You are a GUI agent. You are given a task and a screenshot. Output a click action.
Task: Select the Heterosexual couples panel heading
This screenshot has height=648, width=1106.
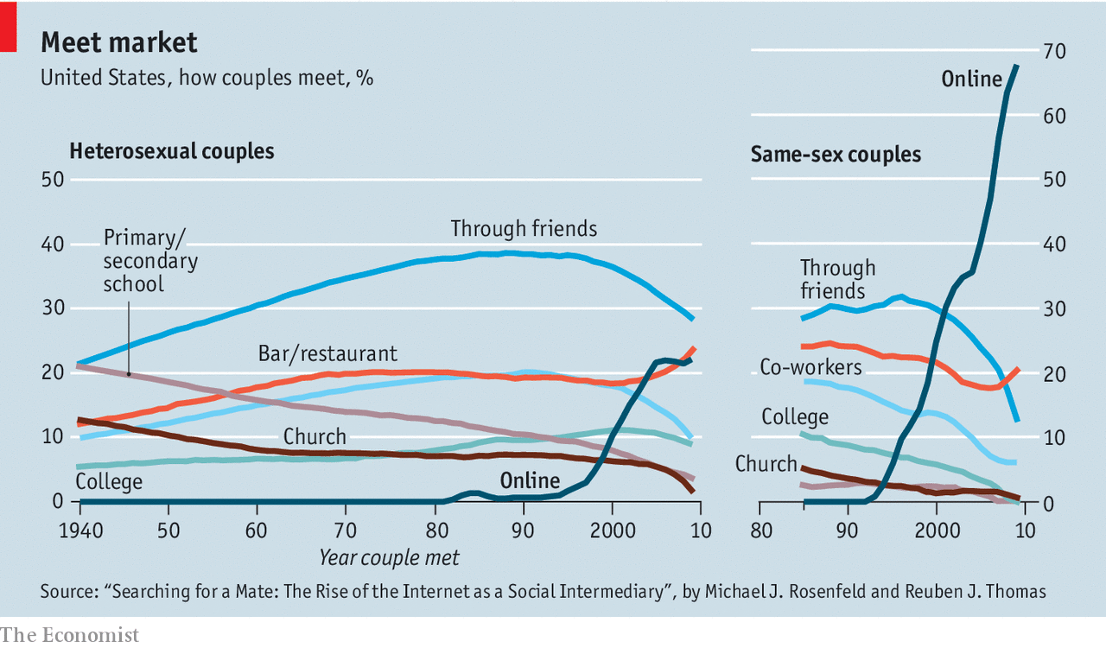pos(171,151)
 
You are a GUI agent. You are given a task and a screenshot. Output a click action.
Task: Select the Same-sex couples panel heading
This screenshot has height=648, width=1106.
pos(836,155)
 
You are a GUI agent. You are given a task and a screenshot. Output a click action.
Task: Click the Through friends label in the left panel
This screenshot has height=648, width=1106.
pos(524,229)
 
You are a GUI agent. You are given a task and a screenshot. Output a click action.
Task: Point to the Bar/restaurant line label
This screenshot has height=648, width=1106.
pos(327,353)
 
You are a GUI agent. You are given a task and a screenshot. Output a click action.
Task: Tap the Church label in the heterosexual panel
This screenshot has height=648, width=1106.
pos(315,437)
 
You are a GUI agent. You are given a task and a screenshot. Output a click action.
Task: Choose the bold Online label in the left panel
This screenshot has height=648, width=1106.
pos(530,481)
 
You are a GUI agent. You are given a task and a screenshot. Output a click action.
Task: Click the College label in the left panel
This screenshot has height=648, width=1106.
pos(109,481)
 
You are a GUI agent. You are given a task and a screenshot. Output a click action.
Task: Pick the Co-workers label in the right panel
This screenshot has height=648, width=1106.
pos(810,367)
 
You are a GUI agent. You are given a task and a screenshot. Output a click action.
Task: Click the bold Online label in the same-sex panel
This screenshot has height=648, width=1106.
pos(971,79)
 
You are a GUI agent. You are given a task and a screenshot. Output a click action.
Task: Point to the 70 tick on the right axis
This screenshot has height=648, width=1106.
pos(1054,52)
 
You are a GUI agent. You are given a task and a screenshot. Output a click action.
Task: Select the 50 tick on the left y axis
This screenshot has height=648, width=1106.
pos(54,180)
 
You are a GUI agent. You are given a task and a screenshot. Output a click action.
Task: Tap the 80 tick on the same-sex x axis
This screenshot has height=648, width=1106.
pos(760,530)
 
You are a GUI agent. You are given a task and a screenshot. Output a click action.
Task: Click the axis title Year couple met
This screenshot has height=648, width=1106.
pos(389,558)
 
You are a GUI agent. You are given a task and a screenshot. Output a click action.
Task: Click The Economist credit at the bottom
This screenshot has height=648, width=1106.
pos(69,635)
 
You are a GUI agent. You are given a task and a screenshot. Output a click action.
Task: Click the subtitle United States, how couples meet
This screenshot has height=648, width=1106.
pos(207,78)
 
